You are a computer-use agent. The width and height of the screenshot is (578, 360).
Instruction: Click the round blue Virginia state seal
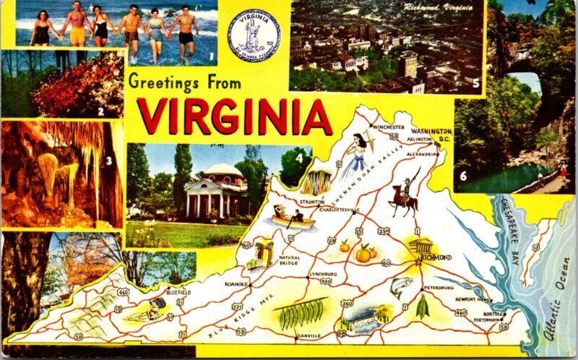254,35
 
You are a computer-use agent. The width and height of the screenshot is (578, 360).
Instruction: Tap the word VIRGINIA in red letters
234,116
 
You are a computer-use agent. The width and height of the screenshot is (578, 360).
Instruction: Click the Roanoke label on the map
236,284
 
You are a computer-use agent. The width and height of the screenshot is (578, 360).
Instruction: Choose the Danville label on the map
309,335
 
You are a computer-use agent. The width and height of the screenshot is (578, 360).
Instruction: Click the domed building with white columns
215,189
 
